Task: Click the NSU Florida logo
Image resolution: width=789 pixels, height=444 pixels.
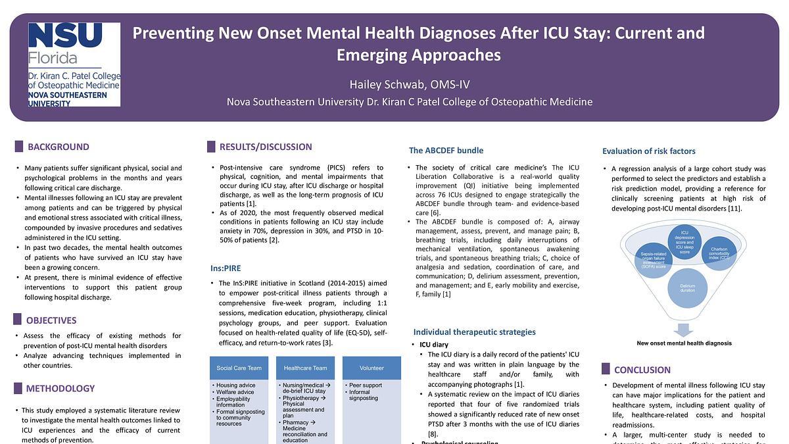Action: pyautogui.click(x=74, y=64)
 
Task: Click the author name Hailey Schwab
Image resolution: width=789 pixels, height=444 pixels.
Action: pyautogui.click(x=409, y=84)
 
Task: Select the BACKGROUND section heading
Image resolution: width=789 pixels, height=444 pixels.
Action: pyautogui.click(x=58, y=147)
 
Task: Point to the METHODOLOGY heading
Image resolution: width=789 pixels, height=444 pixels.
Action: pyautogui.click(x=60, y=388)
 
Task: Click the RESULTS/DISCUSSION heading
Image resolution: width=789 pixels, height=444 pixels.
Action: pyautogui.click(x=266, y=147)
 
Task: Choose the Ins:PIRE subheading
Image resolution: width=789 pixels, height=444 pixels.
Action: pyautogui.click(x=226, y=268)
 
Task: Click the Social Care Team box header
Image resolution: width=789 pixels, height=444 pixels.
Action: pyautogui.click(x=239, y=368)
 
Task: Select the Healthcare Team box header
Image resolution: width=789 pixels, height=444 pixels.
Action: pyautogui.click(x=302, y=368)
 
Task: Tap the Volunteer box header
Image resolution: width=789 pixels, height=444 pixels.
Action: pyautogui.click(x=371, y=368)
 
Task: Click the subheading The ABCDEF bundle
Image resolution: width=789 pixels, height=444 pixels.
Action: pyautogui.click(x=446, y=151)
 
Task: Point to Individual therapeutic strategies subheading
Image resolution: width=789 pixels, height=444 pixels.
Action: pyautogui.click(x=474, y=332)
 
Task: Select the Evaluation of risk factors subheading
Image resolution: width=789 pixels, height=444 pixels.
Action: pyautogui.click(x=648, y=151)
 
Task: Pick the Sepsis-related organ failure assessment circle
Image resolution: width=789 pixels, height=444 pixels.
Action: pyautogui.click(x=654, y=259)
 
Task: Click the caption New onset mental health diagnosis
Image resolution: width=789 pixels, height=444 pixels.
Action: pyautogui.click(x=684, y=343)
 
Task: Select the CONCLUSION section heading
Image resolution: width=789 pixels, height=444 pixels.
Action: pyautogui.click(x=642, y=370)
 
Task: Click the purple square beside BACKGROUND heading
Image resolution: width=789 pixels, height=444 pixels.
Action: pyautogui.click(x=18, y=147)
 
